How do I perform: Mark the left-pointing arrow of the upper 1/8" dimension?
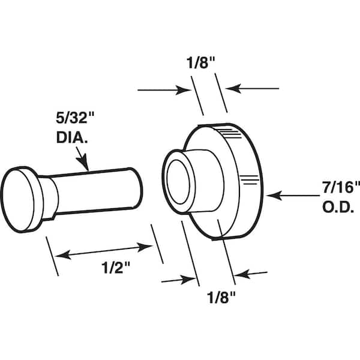point(255,89)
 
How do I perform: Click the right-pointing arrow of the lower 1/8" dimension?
point(180,279)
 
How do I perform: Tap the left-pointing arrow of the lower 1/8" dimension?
point(251,275)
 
